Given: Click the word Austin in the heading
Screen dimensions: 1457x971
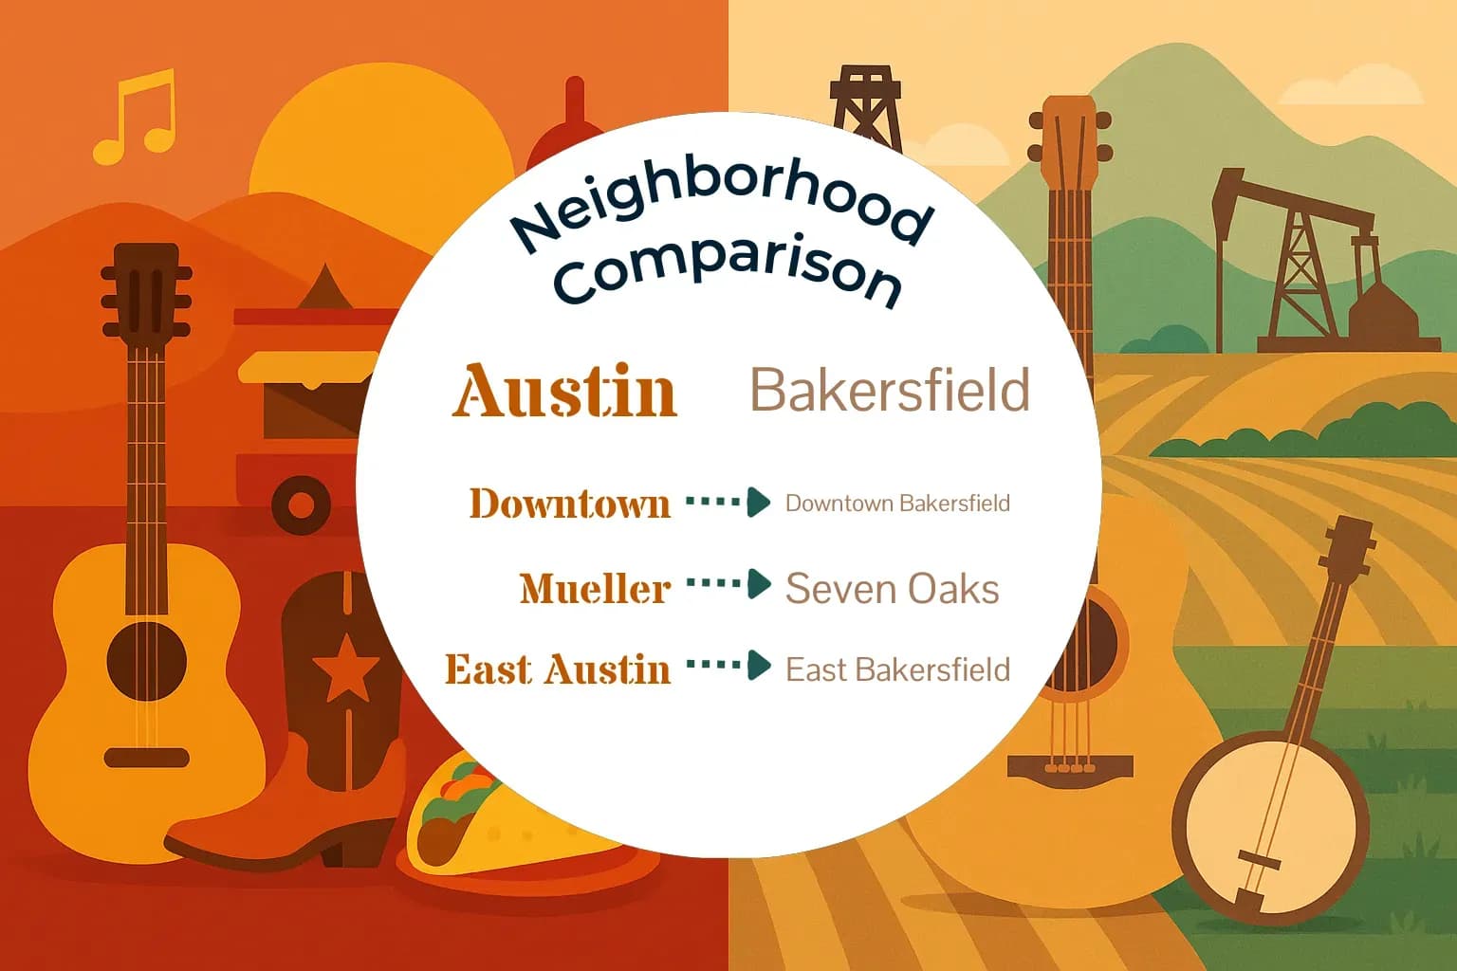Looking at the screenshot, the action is click(x=565, y=391).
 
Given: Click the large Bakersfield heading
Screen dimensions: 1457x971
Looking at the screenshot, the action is click(x=890, y=390).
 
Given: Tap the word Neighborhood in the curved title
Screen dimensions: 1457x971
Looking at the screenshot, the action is click(x=721, y=205).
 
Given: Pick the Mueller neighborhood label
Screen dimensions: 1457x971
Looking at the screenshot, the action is click(x=595, y=589).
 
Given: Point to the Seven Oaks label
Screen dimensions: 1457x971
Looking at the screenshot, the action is click(x=892, y=589).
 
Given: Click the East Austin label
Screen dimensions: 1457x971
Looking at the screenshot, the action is click(x=558, y=669).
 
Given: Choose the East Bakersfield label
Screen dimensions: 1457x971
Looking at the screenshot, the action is click(x=897, y=669).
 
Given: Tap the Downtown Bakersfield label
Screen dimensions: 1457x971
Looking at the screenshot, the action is click(x=897, y=503).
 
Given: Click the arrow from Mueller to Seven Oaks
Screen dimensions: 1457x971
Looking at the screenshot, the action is click(x=728, y=584).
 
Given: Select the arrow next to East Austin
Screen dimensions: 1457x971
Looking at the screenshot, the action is click(x=728, y=665).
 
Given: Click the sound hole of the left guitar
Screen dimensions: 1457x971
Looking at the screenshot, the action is click(x=146, y=662).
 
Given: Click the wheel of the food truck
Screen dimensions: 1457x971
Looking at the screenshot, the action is click(x=301, y=504).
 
